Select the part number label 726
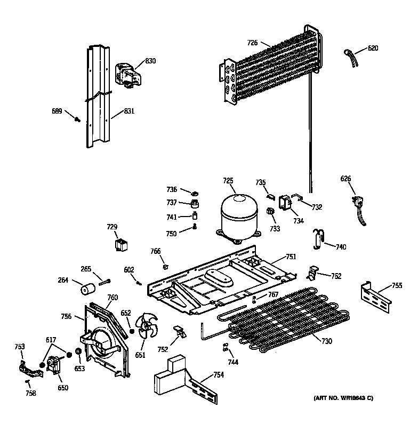(252, 43)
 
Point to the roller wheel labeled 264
(87, 289)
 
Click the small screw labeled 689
(78, 120)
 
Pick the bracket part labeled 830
(127, 73)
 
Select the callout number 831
(129, 111)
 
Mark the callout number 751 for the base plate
(291, 257)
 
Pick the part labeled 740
(319, 238)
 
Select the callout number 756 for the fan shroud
(66, 316)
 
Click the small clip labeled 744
(226, 348)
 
